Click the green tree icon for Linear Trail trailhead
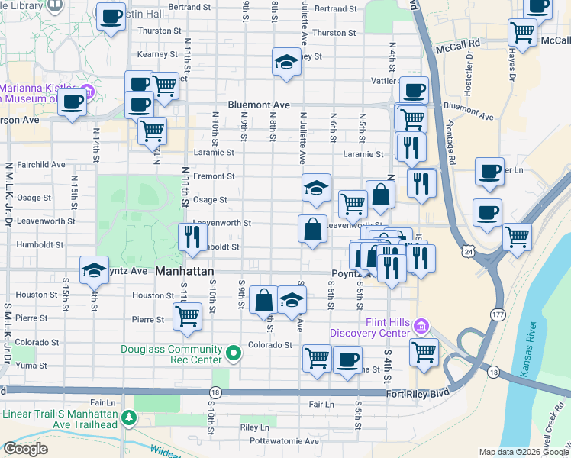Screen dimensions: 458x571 [x=129, y=418]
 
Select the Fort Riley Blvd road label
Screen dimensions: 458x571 [x=418, y=392]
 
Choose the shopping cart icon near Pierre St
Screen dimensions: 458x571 [x=187, y=315]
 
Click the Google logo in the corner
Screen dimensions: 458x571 [x=25, y=449]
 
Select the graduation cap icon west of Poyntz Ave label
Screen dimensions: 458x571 [x=95, y=269]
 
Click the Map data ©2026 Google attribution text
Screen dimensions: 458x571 [x=524, y=452]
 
